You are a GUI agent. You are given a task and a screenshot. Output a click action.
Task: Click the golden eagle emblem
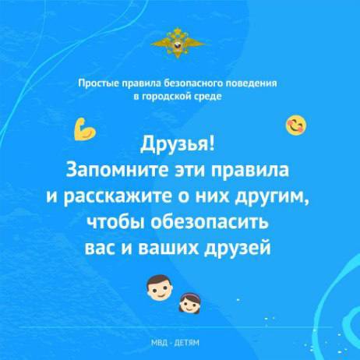pyautogui.click(x=178, y=43)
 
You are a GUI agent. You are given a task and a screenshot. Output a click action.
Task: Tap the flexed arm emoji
pyautogui.click(x=85, y=129)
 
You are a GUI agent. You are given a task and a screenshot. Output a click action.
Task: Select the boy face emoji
pyautogui.click(x=159, y=288)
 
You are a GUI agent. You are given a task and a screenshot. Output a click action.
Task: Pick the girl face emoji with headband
pyautogui.click(x=191, y=303)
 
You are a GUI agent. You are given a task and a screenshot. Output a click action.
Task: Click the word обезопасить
pyautogui.click(x=210, y=222)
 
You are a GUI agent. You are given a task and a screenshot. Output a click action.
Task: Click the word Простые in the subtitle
pyautogui.click(x=99, y=83)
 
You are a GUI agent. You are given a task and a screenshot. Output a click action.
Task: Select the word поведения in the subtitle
pyautogui.click(x=252, y=83)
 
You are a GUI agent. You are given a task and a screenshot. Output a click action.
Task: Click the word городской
pyautogui.click(x=166, y=97)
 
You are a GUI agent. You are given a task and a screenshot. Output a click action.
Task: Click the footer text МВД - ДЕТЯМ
pyautogui.click(x=175, y=343)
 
